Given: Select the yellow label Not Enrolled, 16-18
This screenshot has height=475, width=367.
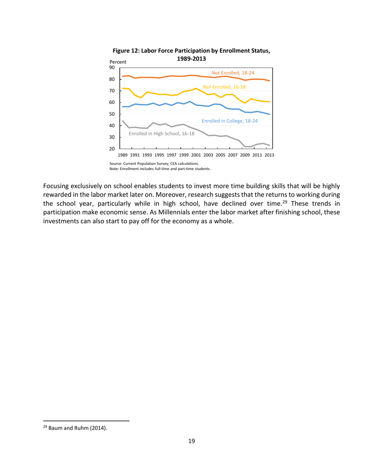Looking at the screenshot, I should point(224,88).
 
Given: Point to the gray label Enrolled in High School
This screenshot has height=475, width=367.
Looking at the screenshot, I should point(161,133).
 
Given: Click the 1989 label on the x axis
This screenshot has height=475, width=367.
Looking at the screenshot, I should point(122,155).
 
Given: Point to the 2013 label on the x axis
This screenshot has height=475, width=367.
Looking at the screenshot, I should point(269,155).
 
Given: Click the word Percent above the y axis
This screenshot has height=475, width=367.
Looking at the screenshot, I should point(118,62).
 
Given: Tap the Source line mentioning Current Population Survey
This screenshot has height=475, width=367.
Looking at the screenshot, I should point(154,164).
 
